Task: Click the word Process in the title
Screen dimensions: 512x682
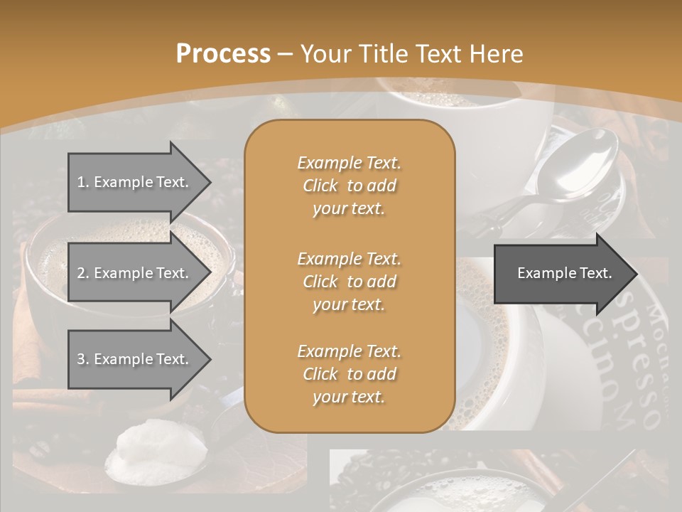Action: point(223,53)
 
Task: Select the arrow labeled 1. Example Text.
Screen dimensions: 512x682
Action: point(135,182)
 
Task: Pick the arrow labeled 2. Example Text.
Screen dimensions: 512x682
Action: point(135,273)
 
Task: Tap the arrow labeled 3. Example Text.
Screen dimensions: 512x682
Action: point(135,359)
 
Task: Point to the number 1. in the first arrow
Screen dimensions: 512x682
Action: point(82,182)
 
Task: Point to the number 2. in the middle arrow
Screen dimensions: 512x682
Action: point(82,273)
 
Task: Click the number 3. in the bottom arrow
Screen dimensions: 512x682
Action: point(82,359)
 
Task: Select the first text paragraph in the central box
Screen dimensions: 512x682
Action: point(349,186)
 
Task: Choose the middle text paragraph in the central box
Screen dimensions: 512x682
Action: point(349,281)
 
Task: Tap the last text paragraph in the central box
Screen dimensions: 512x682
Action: point(349,374)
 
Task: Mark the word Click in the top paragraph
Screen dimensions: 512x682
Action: point(320,186)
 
